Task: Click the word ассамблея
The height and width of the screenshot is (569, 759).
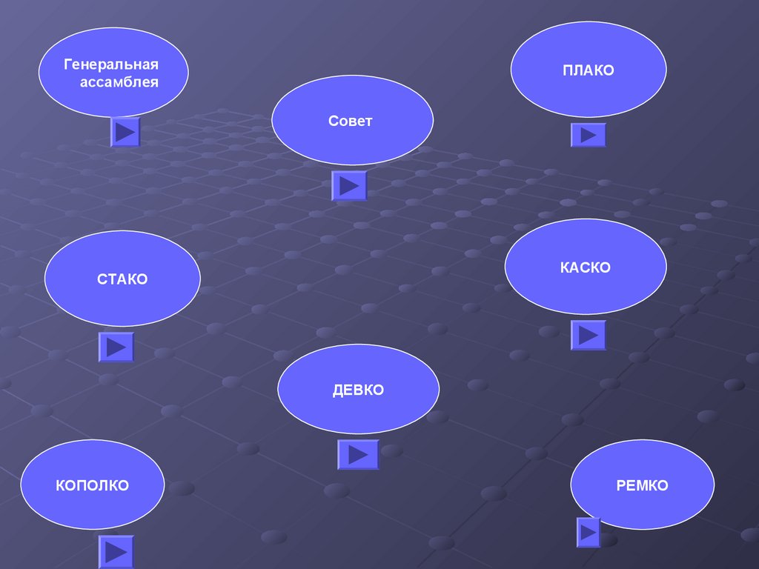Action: (119, 82)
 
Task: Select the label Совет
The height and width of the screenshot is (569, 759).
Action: (351, 121)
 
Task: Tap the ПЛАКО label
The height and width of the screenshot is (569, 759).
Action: (588, 71)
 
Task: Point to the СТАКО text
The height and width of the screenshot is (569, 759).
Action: (122, 279)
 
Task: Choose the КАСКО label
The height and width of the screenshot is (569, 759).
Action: (586, 267)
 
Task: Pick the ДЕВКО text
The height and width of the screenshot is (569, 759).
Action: (358, 390)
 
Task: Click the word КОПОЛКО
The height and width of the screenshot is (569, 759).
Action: (92, 486)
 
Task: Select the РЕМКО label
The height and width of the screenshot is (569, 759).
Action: (642, 486)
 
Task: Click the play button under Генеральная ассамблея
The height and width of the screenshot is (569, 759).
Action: (125, 132)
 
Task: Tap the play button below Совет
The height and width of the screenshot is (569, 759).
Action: (349, 186)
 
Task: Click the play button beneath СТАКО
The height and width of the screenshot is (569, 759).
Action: (116, 347)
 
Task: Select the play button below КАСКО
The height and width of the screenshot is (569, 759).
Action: (589, 335)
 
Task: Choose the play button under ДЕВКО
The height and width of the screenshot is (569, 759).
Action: (358, 454)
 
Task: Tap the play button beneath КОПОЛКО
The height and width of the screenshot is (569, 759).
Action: (116, 551)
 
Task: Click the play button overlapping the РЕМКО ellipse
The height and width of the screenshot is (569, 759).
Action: (589, 531)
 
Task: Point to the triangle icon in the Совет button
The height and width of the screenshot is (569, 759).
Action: (350, 186)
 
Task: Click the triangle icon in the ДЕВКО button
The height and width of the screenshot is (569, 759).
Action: (359, 454)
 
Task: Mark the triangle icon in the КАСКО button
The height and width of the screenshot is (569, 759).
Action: (589, 335)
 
